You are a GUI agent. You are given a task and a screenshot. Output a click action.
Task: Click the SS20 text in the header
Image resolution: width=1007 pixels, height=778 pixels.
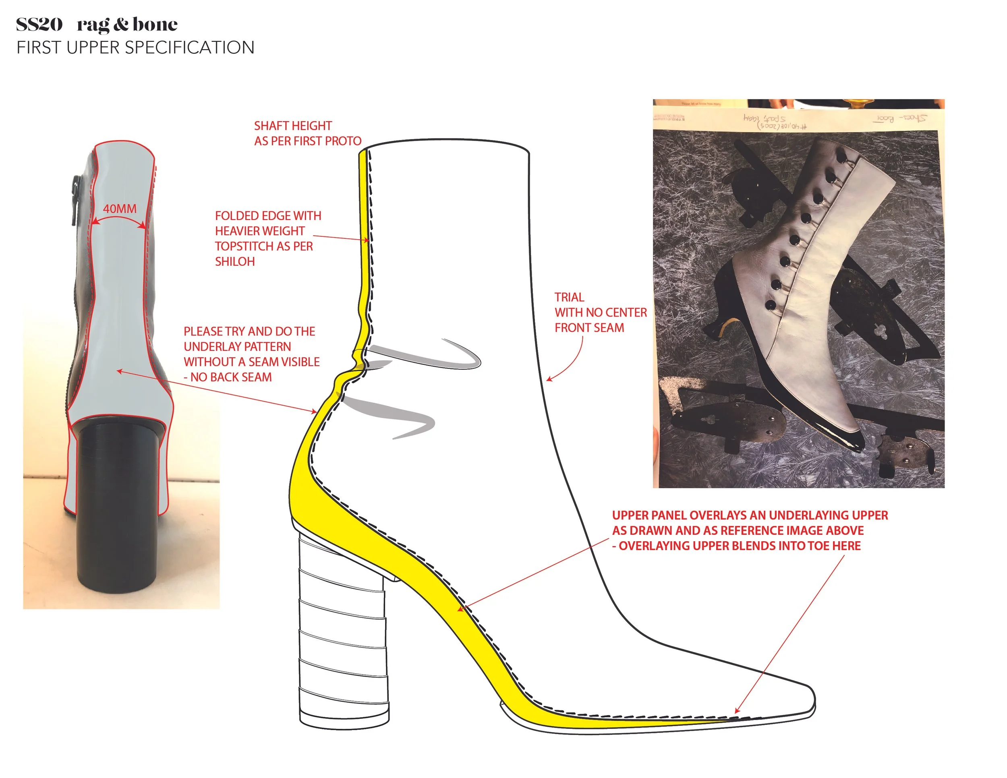39,25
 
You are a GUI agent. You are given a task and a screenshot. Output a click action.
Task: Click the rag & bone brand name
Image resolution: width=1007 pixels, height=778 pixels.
127,25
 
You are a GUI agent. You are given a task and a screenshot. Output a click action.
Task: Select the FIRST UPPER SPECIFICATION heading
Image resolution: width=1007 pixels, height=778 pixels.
135,48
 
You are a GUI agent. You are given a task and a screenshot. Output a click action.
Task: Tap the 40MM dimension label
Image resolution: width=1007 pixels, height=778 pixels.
119,209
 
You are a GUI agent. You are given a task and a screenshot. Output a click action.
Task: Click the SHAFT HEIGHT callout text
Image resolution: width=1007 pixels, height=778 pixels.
293,126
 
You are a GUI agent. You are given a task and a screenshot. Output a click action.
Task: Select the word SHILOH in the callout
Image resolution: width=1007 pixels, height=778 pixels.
235,262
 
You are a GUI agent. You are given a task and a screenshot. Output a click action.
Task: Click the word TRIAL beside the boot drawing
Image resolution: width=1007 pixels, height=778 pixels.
569,297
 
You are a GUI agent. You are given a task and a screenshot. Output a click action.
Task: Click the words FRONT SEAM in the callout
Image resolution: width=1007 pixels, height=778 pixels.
589,328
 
